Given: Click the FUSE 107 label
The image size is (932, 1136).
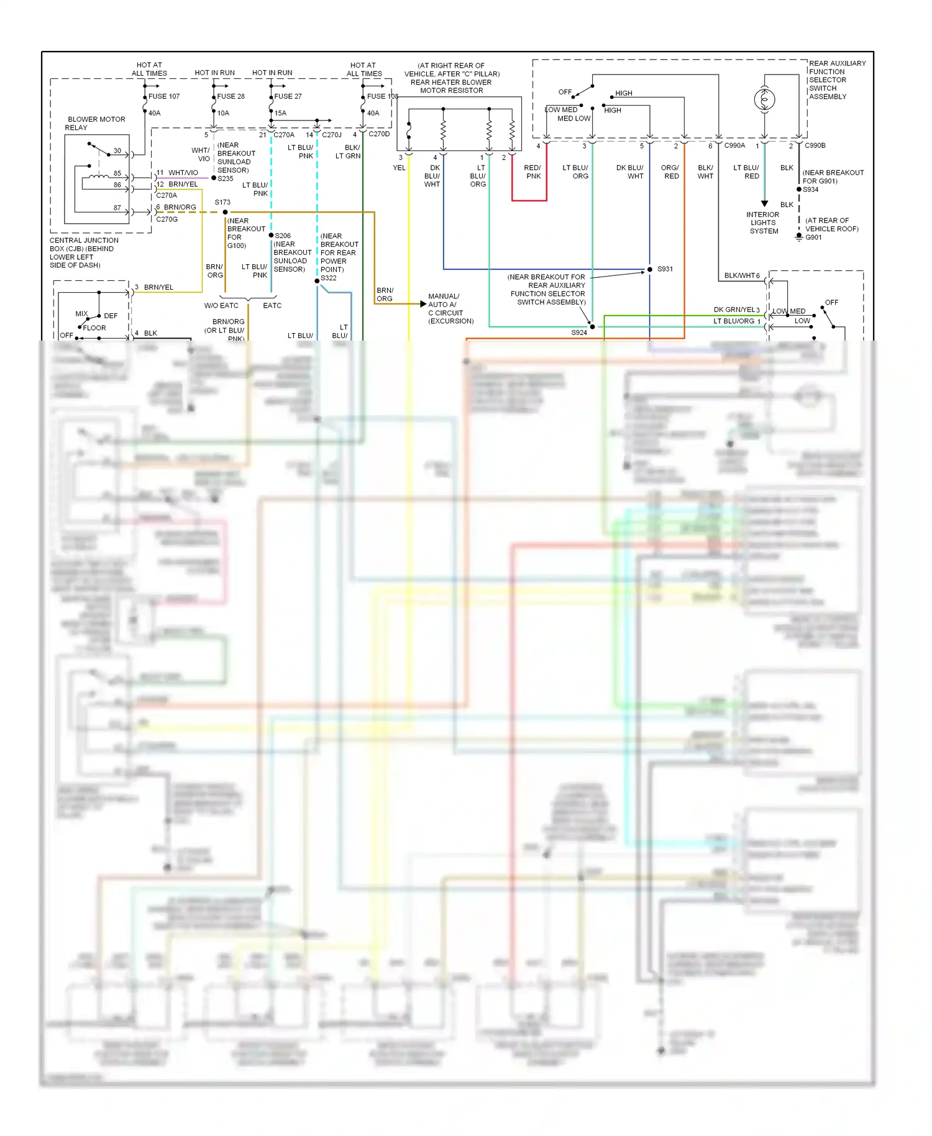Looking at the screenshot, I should click(164, 96).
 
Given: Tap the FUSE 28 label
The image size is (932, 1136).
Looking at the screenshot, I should click(231, 96).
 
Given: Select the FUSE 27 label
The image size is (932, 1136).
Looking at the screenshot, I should click(288, 96).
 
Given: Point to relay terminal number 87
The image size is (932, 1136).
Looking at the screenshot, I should click(117, 208).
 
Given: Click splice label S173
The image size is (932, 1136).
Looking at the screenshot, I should click(222, 202).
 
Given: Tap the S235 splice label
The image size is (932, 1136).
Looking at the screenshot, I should click(226, 178).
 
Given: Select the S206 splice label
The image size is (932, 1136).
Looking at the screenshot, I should click(283, 236).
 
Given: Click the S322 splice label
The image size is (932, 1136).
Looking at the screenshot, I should click(329, 278).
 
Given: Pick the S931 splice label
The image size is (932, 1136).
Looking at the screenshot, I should click(665, 269).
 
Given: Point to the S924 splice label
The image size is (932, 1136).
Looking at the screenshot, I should click(579, 332).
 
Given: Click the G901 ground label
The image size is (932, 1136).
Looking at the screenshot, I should click(813, 237).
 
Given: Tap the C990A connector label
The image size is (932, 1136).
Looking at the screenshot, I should click(734, 145).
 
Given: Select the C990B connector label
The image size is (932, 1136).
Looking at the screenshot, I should click(815, 145).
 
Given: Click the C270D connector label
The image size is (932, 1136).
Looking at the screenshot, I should click(379, 134).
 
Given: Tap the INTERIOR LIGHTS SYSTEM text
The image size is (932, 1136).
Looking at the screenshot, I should click(763, 222).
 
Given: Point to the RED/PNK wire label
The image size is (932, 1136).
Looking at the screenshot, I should click(532, 172).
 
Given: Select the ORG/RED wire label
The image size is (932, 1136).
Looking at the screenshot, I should click(670, 172).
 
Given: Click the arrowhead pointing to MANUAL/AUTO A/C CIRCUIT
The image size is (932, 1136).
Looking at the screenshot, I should click(423, 304).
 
